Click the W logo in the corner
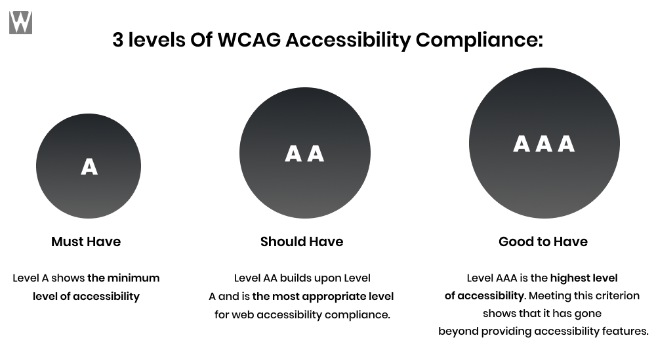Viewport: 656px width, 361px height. [x=20, y=22]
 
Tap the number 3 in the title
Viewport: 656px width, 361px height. [x=117, y=40]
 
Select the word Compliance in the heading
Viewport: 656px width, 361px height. [x=479, y=40]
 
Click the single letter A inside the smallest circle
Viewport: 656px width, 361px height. [x=89, y=167]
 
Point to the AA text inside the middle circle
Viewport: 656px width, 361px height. [x=304, y=154]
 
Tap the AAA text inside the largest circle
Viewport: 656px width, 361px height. [x=544, y=144]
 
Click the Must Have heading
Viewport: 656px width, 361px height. [x=86, y=242]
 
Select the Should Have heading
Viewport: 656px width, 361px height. [x=302, y=242]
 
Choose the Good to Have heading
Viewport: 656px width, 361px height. [x=543, y=242]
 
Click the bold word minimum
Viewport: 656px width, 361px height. [x=133, y=278]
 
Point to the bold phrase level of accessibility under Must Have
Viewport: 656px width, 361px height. [x=86, y=297]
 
